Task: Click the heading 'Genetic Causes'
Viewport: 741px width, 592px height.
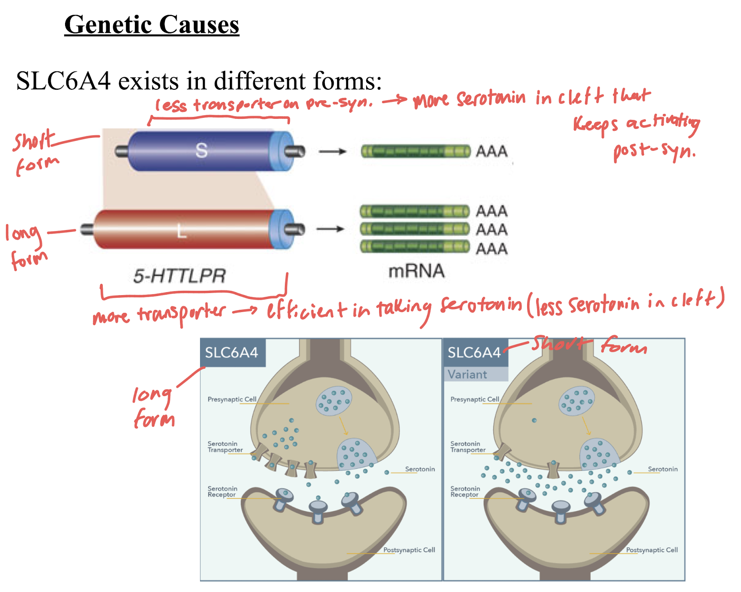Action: click(151, 25)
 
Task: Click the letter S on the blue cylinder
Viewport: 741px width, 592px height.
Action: click(201, 150)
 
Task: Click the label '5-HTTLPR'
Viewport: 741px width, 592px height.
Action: click(180, 276)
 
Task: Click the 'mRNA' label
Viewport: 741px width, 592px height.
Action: click(416, 271)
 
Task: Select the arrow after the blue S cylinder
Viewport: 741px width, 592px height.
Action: click(332, 152)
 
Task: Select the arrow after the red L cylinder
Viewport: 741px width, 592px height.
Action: click(330, 229)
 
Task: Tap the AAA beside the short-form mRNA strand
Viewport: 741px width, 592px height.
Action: click(492, 152)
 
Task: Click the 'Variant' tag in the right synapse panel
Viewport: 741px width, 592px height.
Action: click(467, 374)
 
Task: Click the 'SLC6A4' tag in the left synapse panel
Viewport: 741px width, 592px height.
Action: click(232, 353)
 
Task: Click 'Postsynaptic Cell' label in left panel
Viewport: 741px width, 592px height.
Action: click(409, 550)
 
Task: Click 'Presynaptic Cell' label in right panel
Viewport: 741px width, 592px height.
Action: click(475, 399)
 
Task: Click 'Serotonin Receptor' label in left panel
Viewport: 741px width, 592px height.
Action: click(222, 491)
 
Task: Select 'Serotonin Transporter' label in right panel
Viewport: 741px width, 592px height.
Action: click(468, 447)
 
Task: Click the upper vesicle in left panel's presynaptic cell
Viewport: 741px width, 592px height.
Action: click(333, 401)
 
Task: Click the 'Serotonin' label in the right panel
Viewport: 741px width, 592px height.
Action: click(662, 469)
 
